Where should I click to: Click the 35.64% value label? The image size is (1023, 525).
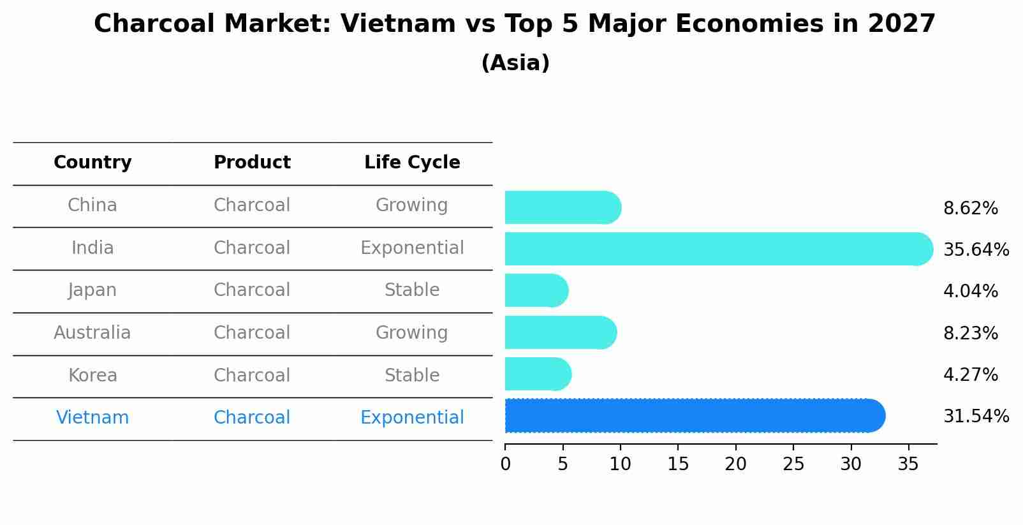975,249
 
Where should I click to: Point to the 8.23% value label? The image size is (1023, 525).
970,333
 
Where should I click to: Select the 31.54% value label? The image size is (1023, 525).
975,417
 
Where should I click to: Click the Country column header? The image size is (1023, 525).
92,163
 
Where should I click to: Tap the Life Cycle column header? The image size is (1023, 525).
412,163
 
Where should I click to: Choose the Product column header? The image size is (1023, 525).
252,163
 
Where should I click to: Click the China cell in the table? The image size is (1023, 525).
92,205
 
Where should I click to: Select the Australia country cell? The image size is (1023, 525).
92,333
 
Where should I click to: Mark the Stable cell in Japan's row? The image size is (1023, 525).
412,290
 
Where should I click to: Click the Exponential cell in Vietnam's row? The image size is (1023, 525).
412,418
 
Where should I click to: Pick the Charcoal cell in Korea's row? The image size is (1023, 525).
252,375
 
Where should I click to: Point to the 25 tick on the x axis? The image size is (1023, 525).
793,464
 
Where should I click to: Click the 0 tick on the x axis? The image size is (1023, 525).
506,464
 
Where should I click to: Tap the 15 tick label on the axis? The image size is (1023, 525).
678,464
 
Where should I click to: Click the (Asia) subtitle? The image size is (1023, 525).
515,63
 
